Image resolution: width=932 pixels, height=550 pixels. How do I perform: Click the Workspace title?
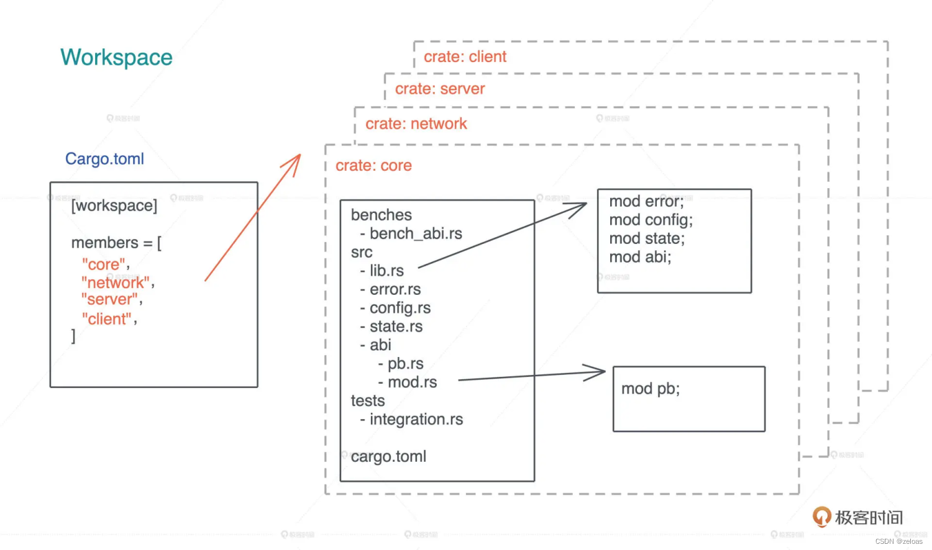pyautogui.click(x=116, y=57)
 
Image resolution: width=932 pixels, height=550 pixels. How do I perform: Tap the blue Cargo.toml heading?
pyautogui.click(x=104, y=159)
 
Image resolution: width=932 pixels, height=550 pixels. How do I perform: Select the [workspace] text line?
pyautogui.click(x=114, y=205)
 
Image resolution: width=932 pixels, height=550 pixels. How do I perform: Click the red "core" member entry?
pyautogui.click(x=104, y=264)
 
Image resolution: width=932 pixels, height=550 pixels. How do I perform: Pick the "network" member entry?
pyautogui.click(x=116, y=282)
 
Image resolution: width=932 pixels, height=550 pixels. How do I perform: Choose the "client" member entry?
pyautogui.click(x=107, y=319)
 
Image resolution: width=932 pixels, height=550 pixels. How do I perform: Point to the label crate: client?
pyautogui.click(x=465, y=57)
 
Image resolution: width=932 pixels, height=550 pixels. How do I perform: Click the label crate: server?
pyautogui.click(x=440, y=89)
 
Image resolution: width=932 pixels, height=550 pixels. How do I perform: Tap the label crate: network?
pyautogui.click(x=416, y=124)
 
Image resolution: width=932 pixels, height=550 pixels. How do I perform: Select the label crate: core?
pyautogui.click(x=373, y=166)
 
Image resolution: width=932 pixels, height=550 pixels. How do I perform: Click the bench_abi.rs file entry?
pyautogui.click(x=415, y=233)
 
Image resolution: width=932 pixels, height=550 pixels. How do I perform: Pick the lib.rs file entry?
pyautogui.click(x=386, y=271)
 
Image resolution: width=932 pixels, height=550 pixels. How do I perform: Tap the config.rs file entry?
pyautogui.click(x=400, y=308)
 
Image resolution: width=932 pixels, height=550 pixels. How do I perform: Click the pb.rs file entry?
pyautogui.click(x=404, y=364)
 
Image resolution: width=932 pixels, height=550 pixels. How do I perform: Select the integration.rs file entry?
pyautogui.click(x=416, y=420)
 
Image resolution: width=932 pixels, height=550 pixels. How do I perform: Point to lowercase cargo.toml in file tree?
pyautogui.click(x=388, y=457)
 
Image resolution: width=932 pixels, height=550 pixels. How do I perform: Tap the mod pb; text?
pyautogui.click(x=651, y=389)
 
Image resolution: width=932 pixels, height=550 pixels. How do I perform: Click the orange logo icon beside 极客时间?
pyautogui.click(x=821, y=516)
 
